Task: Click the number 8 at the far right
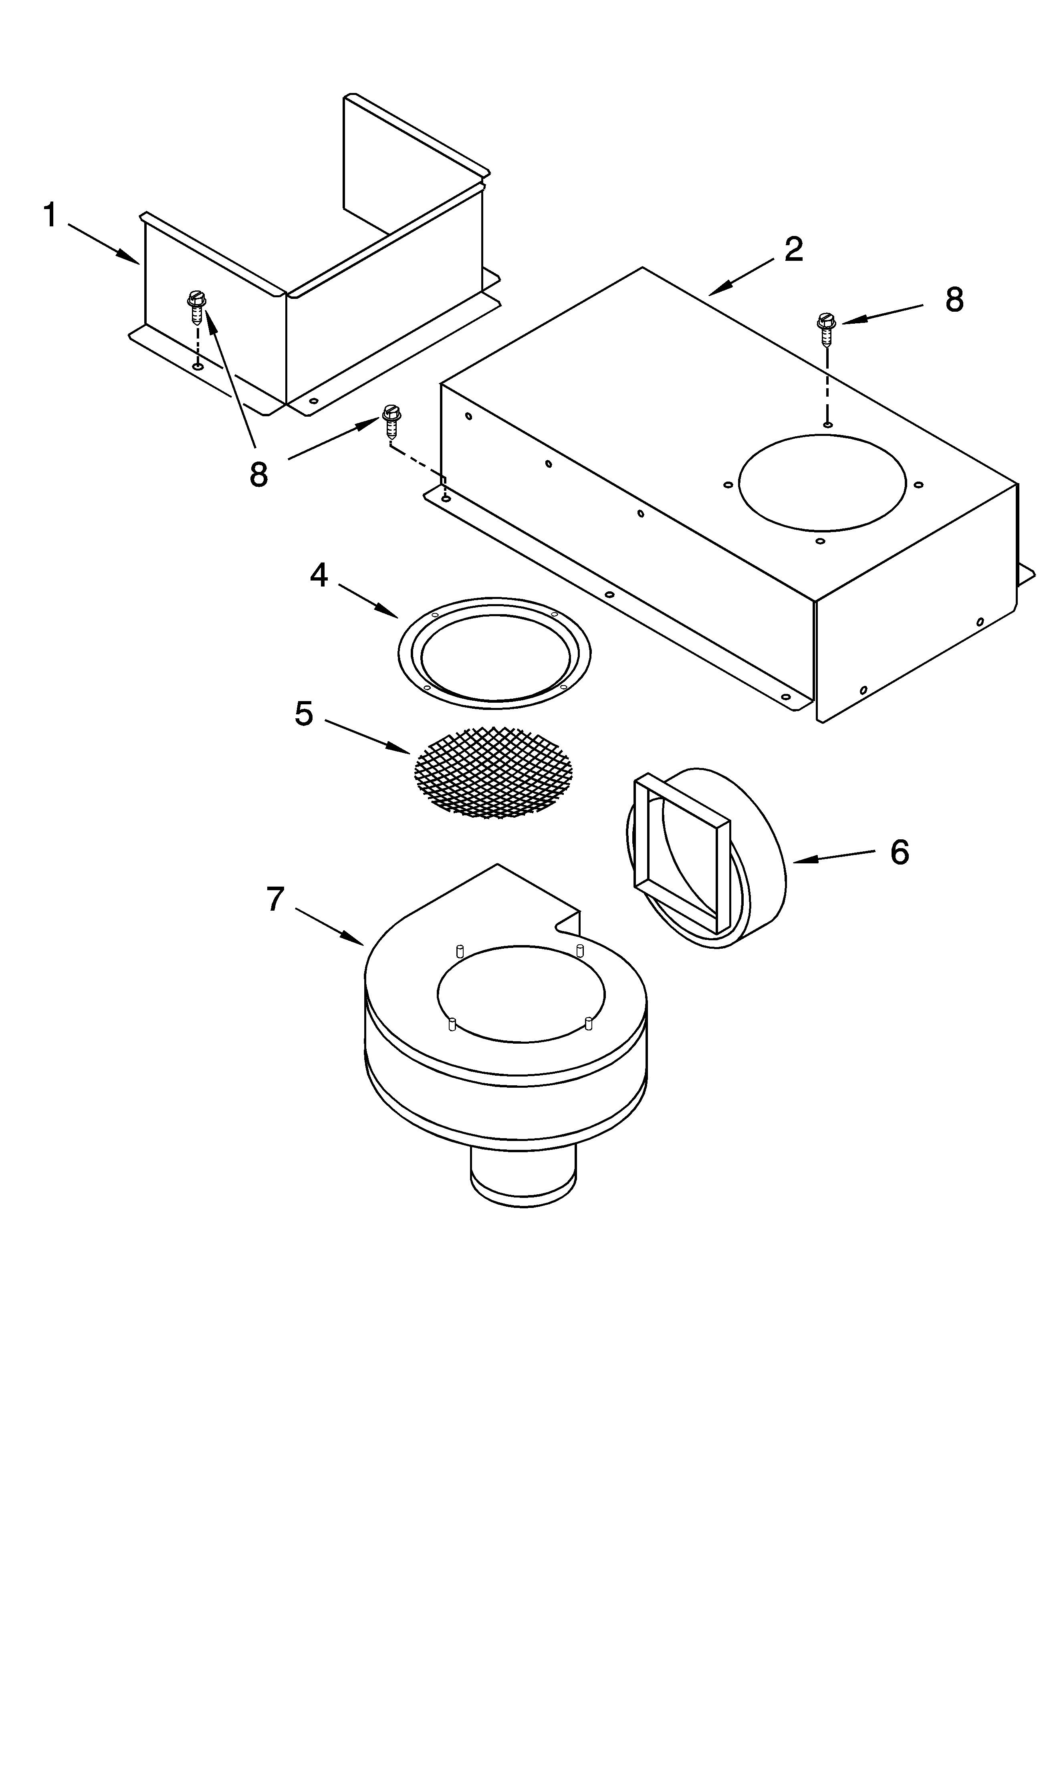954,300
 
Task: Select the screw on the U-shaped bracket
196,307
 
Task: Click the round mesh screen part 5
493,773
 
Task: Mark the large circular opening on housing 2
821,483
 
